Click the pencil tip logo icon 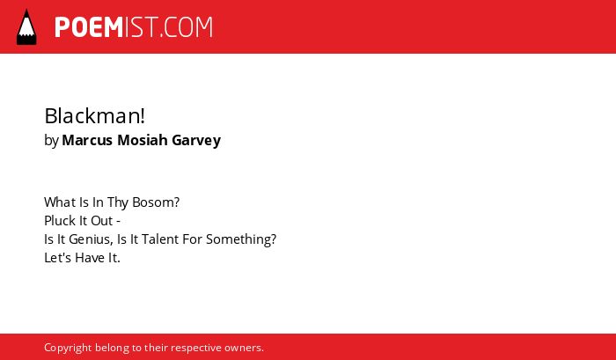click(26, 26)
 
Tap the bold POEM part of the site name click(89, 27)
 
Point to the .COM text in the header click(186, 27)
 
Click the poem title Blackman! click(95, 116)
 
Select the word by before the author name click(51, 140)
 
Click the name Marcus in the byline click(87, 140)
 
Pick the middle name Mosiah click(143, 140)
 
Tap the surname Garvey click(196, 140)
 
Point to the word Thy click(118, 202)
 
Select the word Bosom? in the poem click(156, 202)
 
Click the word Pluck click(55, 220)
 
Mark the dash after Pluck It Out click(118, 222)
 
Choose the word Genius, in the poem click(92, 239)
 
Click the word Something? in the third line click(241, 239)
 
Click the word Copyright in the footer click(68, 349)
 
